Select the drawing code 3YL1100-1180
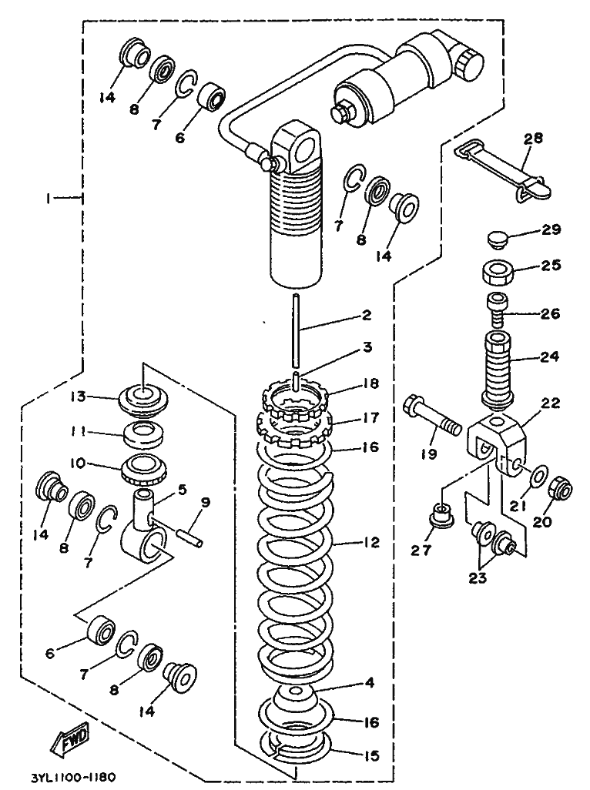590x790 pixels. pyautogui.click(x=73, y=777)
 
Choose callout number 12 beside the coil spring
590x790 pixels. pyautogui.click(x=372, y=542)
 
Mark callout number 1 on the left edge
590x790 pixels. pyautogui.click(x=48, y=198)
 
